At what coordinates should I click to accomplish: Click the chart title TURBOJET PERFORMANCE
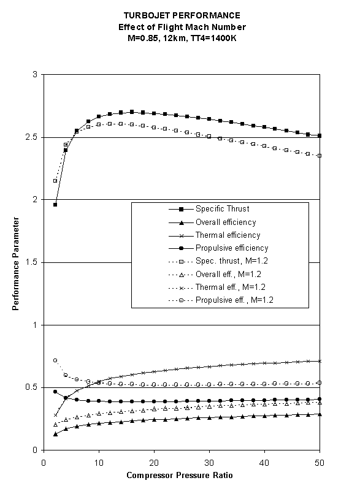[x=180, y=15]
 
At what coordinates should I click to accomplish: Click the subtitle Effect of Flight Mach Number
[x=180, y=27]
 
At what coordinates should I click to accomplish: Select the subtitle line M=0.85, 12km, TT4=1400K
[x=180, y=39]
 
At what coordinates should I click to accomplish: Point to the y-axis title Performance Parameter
[x=16, y=262]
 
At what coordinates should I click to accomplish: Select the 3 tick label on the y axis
[x=36, y=75]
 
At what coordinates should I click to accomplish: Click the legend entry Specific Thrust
[x=223, y=209]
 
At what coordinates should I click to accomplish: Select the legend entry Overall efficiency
[x=226, y=222]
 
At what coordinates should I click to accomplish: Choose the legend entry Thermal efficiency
[x=228, y=235]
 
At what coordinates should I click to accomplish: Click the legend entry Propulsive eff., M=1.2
[x=234, y=300]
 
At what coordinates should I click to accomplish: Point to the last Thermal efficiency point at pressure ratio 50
[x=320, y=361]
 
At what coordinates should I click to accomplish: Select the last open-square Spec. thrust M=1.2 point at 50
[x=320, y=156]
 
